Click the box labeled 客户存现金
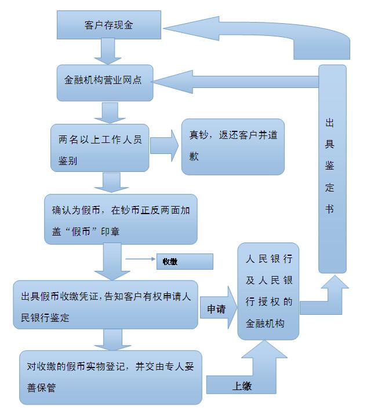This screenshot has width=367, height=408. [109, 25]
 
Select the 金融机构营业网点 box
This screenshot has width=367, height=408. [105, 83]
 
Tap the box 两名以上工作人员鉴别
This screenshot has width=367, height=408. [100, 148]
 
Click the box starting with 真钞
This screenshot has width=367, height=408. [232, 147]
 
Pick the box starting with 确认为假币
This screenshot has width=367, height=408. [121, 219]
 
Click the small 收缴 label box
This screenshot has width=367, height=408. [185, 262]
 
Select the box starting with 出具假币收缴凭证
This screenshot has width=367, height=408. [106, 305]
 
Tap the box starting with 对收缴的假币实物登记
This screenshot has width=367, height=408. [111, 377]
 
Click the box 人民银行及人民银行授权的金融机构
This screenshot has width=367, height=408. [268, 292]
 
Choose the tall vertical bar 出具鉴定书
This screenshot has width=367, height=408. [332, 169]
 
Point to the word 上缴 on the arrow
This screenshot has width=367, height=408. [242, 386]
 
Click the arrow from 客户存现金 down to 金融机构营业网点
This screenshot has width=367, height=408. [108, 52]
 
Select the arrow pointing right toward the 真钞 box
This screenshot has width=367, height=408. [165, 146]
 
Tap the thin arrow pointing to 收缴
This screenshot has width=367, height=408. [140, 259]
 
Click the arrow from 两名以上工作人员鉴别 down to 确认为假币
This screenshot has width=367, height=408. [111, 183]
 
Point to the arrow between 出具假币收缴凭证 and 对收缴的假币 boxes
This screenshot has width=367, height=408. [112, 340]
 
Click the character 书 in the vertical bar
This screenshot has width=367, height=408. [329, 208]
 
